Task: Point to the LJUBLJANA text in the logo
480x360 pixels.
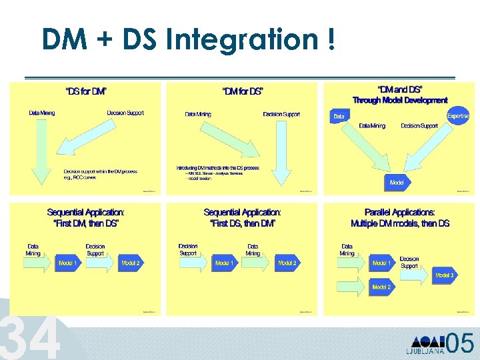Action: [425, 351]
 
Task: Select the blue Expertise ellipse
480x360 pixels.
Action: [458, 115]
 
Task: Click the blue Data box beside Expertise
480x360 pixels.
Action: [339, 117]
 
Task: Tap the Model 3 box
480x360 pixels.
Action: [445, 275]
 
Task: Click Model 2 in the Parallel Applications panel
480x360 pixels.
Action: [381, 287]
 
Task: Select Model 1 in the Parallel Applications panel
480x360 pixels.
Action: [381, 263]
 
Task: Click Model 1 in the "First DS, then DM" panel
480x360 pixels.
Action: [223, 263]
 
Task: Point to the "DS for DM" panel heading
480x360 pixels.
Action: [85, 91]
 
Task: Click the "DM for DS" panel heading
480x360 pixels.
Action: [243, 91]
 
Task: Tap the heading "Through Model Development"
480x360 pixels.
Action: [400, 100]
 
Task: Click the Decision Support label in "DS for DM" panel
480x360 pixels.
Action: [125, 113]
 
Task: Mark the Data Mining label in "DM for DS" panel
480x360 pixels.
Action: [198, 114]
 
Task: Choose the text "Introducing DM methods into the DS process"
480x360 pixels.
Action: [218, 167]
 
